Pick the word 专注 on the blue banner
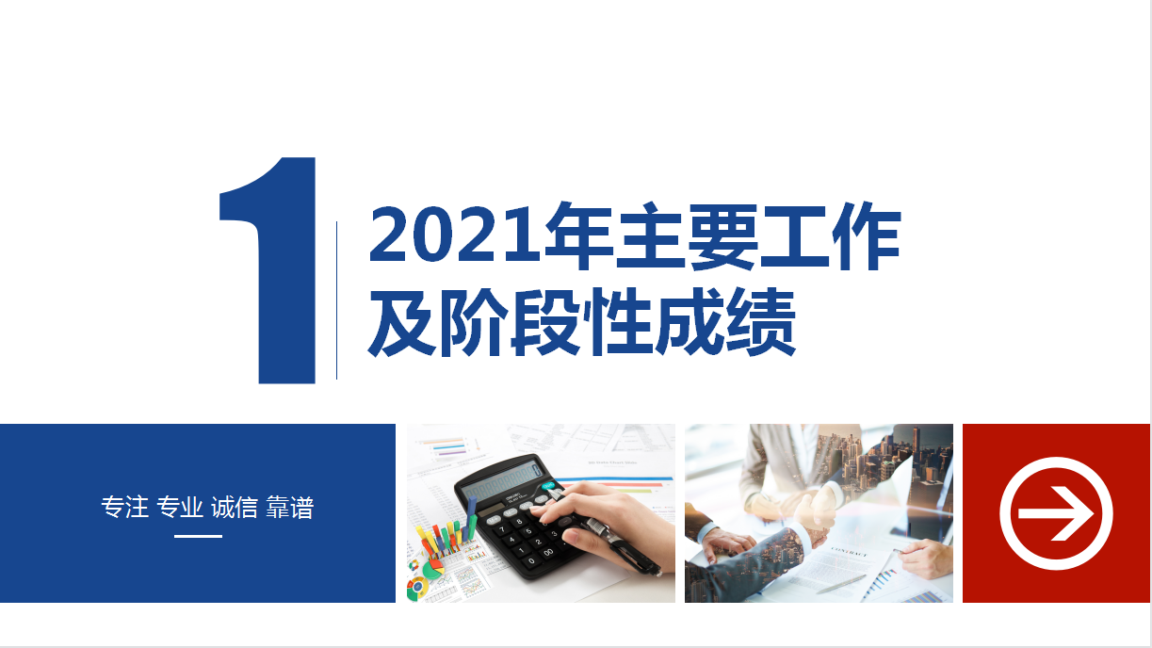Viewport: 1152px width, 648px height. [x=125, y=508]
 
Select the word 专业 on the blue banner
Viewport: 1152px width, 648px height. [x=180, y=508]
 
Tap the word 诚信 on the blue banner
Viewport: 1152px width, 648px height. [x=235, y=508]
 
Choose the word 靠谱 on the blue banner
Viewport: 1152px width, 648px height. [x=290, y=508]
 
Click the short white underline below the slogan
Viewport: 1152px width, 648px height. [x=198, y=536]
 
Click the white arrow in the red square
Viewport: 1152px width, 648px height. [x=1056, y=513]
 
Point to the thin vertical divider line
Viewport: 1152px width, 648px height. [x=336, y=300]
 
